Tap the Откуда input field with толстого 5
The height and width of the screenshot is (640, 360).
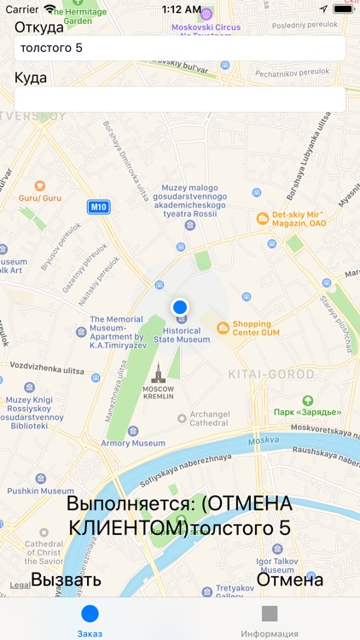click(x=179, y=48)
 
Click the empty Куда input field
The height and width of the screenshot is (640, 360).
click(x=179, y=99)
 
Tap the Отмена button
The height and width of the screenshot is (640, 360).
click(x=290, y=580)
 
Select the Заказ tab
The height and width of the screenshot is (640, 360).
click(x=90, y=620)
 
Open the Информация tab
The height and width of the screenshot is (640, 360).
click(x=270, y=620)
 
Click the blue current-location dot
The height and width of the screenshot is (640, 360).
click(x=179, y=307)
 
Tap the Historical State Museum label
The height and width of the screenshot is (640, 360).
click(x=181, y=335)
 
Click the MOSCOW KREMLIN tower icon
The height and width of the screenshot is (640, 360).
click(x=156, y=372)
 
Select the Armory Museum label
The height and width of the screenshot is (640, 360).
click(x=133, y=443)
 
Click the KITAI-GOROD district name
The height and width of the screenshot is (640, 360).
click(x=271, y=375)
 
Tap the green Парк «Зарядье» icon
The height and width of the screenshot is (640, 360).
click(x=307, y=400)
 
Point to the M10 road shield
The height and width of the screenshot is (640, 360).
click(x=99, y=207)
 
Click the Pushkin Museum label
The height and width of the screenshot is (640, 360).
click(x=40, y=491)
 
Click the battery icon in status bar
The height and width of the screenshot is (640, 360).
click(x=344, y=9)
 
